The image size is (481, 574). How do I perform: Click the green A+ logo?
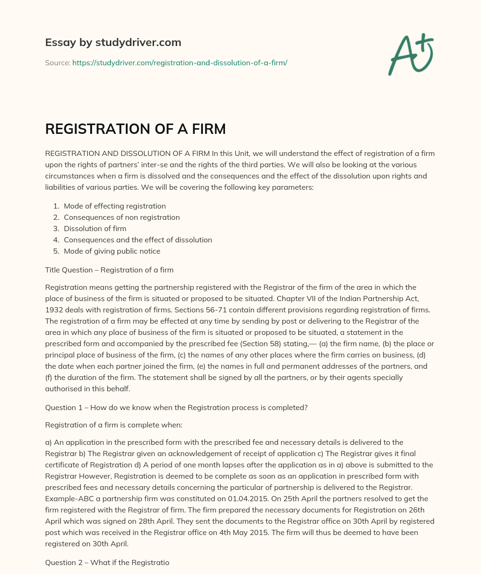[x=411, y=54]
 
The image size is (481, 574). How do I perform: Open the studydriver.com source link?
[x=179, y=62]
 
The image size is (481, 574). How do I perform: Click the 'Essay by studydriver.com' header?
[x=113, y=42]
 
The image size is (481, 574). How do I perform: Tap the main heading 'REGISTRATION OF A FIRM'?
[x=135, y=129]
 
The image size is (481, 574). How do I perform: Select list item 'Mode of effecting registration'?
[x=115, y=206]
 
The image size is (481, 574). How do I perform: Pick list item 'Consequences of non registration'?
[x=122, y=217]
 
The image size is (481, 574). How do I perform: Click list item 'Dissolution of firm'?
[x=95, y=228]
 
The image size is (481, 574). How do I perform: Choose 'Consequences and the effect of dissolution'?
[x=138, y=240]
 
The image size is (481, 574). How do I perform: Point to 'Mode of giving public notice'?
[x=112, y=251]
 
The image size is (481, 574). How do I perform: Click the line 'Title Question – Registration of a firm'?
[x=109, y=270]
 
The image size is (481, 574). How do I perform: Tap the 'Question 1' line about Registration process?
[x=176, y=408]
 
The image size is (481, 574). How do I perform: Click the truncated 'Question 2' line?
[x=107, y=562]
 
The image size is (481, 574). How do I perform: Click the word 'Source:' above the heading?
[x=57, y=62]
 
